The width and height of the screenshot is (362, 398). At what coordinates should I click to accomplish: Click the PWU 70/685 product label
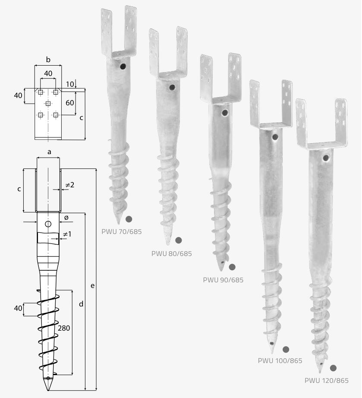point(122,231)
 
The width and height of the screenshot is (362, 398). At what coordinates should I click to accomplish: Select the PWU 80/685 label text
point(172,253)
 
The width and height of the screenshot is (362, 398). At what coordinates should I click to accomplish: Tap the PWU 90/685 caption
point(223,280)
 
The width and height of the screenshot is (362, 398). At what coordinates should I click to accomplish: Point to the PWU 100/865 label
point(280,361)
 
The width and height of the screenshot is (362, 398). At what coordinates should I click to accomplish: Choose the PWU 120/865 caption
point(327,380)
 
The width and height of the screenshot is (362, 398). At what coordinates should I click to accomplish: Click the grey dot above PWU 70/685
point(129,219)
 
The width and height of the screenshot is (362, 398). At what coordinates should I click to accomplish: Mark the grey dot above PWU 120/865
point(334,368)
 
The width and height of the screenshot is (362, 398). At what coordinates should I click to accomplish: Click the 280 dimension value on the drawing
point(64,328)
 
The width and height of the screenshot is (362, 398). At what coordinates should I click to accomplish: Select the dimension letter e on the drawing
point(93,286)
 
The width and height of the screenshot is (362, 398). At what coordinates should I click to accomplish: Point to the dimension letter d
point(81,304)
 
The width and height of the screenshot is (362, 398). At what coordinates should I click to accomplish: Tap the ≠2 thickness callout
point(70,185)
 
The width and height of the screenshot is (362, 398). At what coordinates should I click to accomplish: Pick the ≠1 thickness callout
point(67,234)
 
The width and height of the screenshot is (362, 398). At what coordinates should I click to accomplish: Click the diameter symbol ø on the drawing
point(66,218)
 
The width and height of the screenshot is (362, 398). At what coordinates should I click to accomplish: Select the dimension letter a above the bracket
point(49,152)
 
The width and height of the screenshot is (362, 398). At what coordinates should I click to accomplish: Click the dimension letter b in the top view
point(48,60)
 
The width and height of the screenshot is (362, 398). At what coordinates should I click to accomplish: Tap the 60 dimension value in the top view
point(70,103)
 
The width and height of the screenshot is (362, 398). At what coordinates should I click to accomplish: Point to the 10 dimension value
point(70,84)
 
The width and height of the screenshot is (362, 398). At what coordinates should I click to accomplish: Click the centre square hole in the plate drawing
point(48,104)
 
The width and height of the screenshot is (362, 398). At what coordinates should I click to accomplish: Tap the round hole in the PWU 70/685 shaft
point(123,67)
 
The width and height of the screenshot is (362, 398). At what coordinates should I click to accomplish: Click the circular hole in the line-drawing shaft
point(48,224)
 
